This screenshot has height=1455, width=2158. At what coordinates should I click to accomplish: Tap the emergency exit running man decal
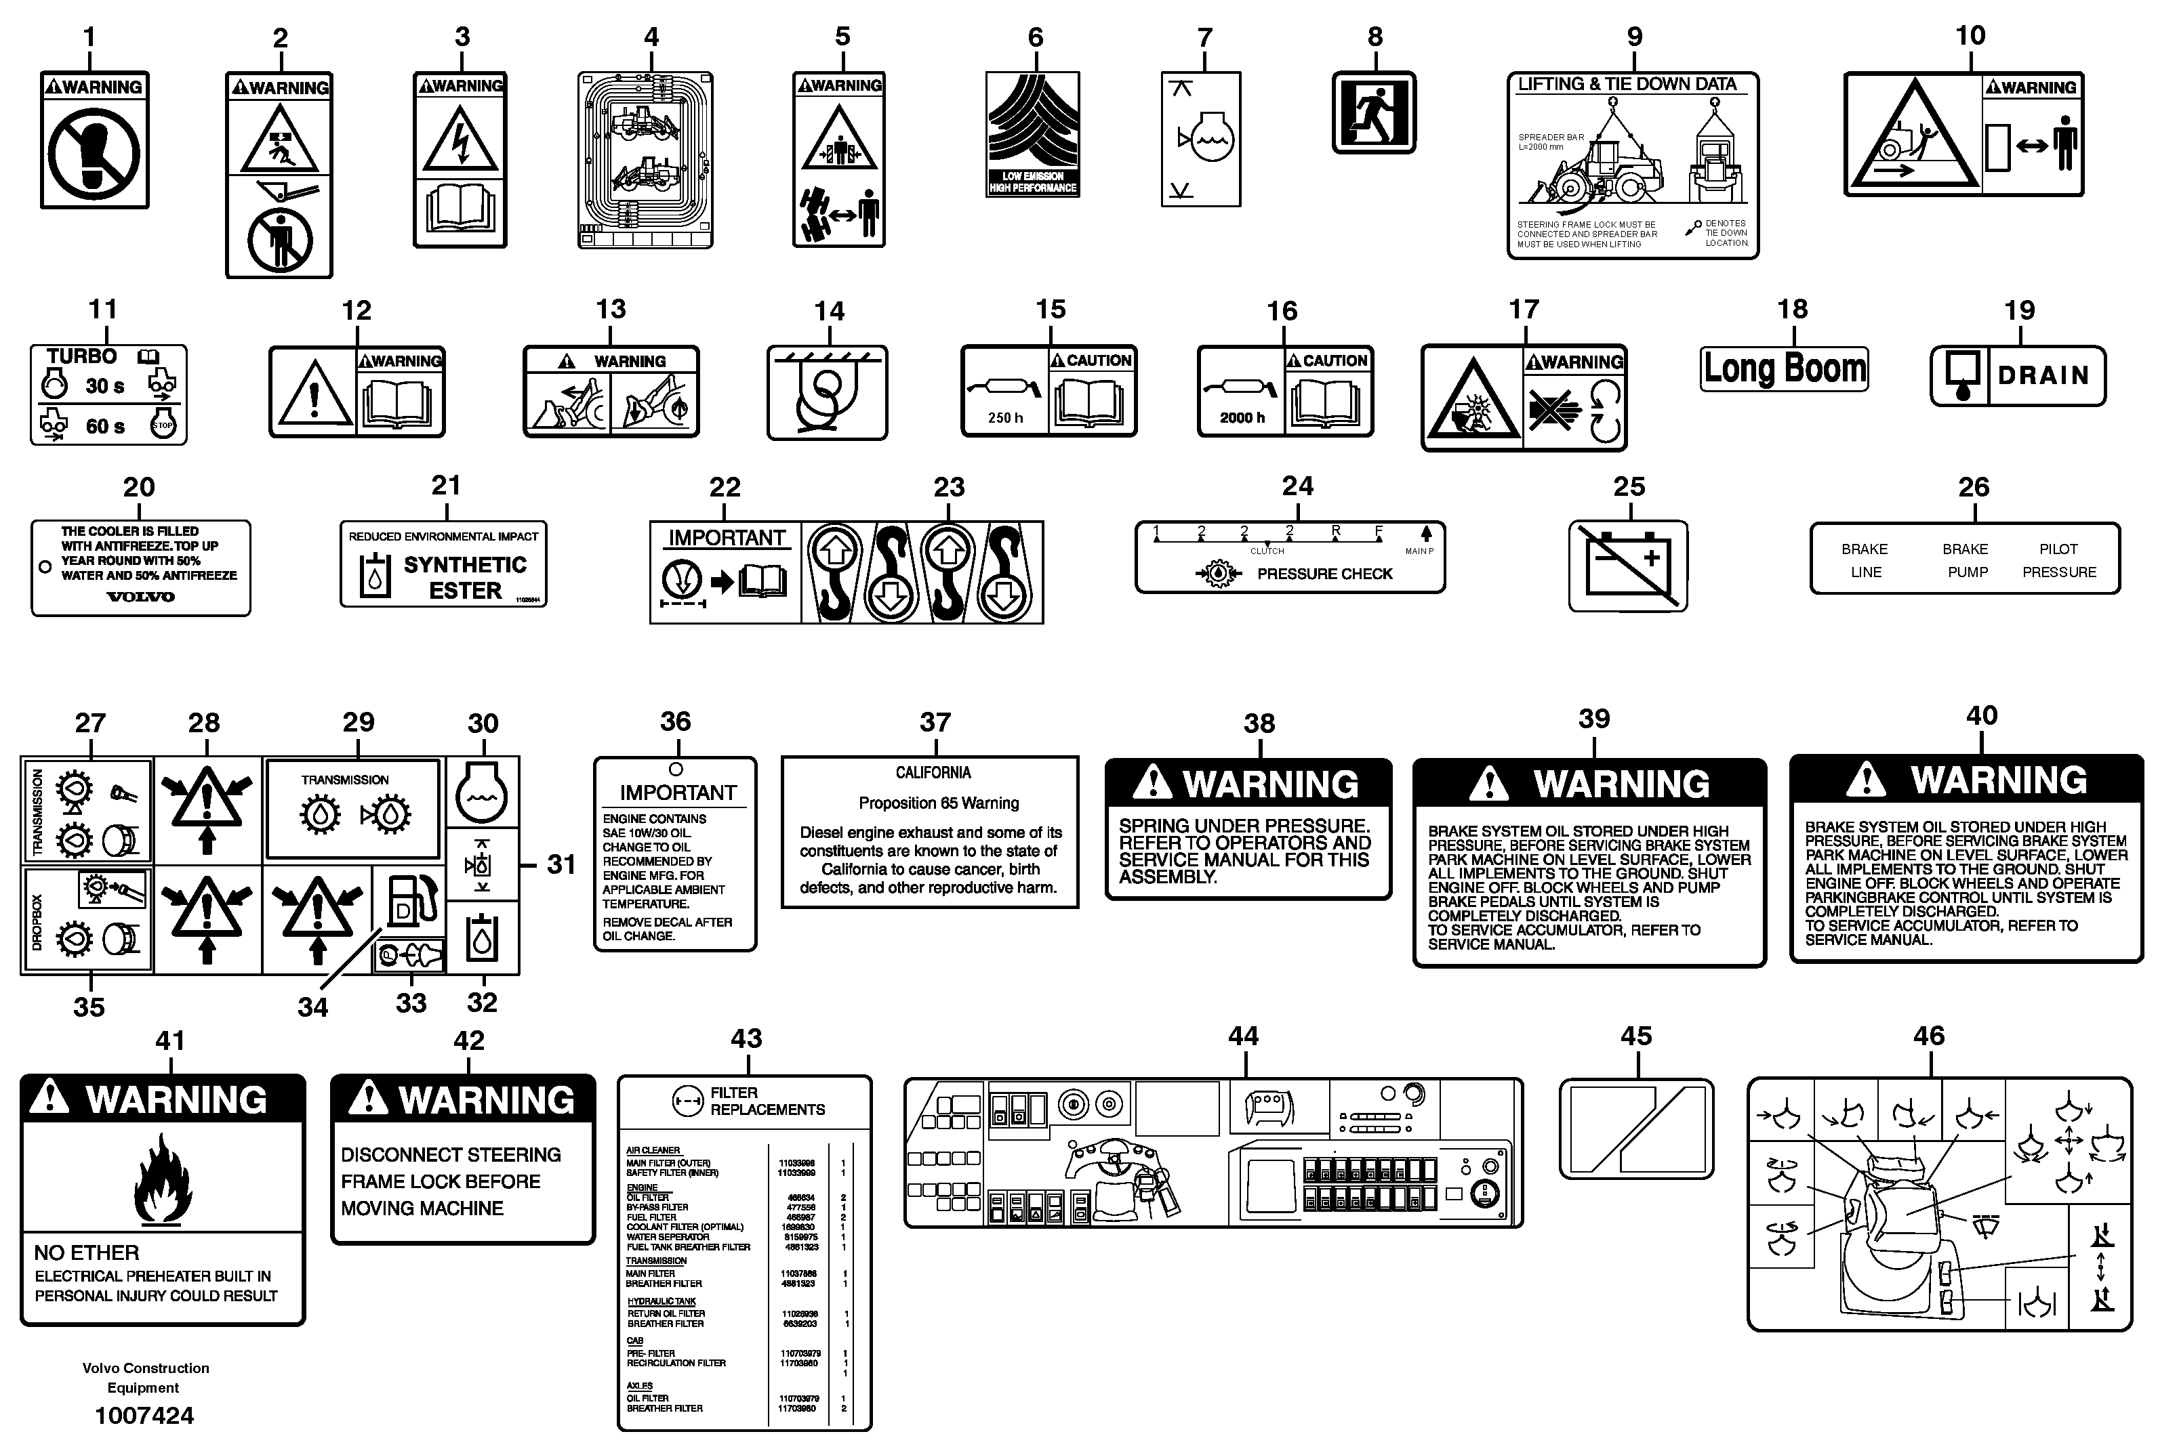1374,112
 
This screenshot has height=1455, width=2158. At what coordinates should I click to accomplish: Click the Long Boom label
1783,369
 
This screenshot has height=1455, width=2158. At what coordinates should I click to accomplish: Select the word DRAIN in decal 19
2043,376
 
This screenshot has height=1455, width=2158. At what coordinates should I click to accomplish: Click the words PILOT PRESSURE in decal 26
2058,560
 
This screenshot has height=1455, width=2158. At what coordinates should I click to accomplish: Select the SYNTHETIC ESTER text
465,577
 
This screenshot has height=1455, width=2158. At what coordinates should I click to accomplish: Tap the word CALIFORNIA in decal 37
933,773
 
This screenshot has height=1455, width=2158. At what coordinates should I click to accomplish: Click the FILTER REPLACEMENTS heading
767,1101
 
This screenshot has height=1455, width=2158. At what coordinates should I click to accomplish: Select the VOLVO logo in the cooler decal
140,597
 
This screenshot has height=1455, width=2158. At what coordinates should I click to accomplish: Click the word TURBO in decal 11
82,357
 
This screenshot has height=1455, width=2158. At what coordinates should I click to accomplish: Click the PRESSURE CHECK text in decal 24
1324,574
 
